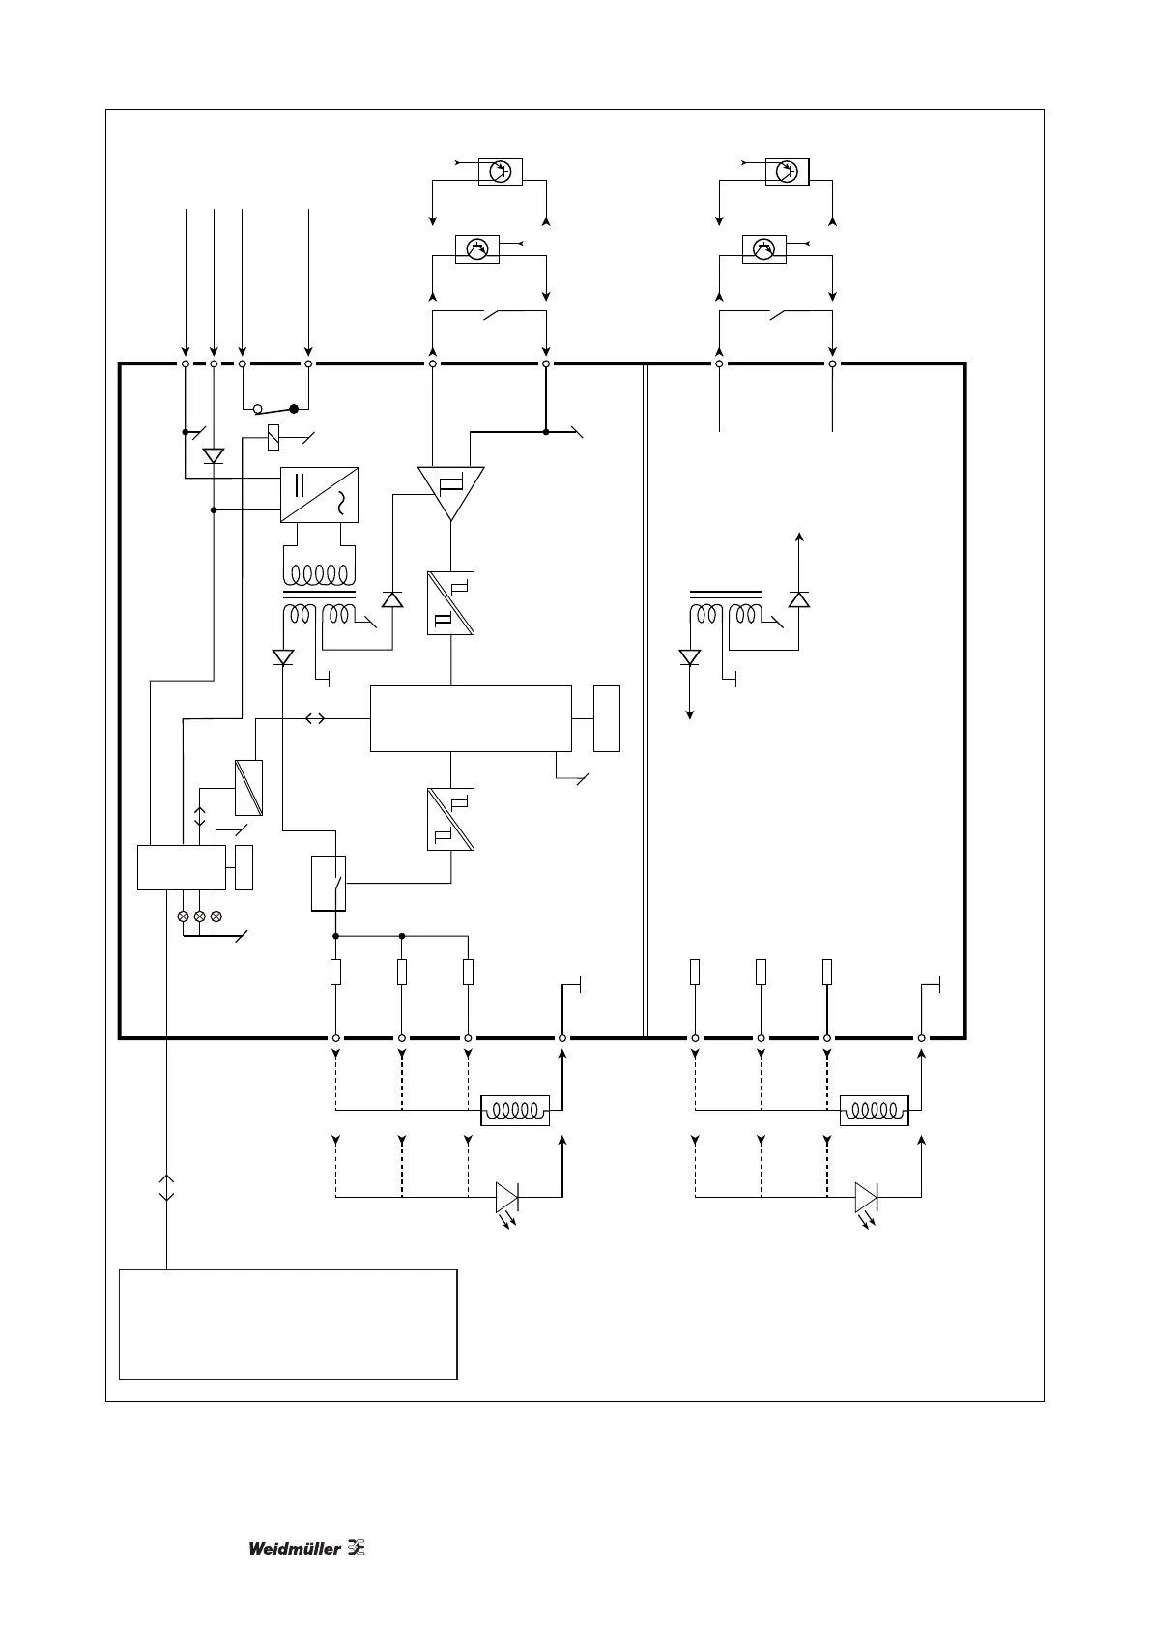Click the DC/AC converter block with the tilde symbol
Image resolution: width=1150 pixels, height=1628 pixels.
point(319,495)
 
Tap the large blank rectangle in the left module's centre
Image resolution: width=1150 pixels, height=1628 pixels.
point(471,718)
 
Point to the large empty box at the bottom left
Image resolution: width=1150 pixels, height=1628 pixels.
point(287,1323)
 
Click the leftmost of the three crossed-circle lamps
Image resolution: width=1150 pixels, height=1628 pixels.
point(183,916)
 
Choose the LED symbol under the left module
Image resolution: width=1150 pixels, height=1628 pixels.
point(507,1198)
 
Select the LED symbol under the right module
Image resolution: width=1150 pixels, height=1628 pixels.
point(867,1198)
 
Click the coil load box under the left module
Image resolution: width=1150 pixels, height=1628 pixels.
point(515,1111)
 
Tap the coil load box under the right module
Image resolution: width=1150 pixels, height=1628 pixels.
point(875,1111)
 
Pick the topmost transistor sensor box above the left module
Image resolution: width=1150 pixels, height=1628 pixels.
point(501,171)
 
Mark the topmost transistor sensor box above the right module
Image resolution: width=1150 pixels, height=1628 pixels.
point(787,171)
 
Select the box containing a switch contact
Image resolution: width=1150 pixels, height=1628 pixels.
point(328,883)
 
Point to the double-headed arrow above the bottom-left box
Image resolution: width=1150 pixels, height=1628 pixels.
point(166,1188)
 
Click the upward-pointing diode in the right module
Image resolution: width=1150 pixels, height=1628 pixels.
point(798,599)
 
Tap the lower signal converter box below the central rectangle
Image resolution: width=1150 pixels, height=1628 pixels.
point(450,819)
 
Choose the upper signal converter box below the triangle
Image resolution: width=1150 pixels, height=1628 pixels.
point(450,603)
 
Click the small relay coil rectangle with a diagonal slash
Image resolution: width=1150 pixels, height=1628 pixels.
point(274,438)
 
